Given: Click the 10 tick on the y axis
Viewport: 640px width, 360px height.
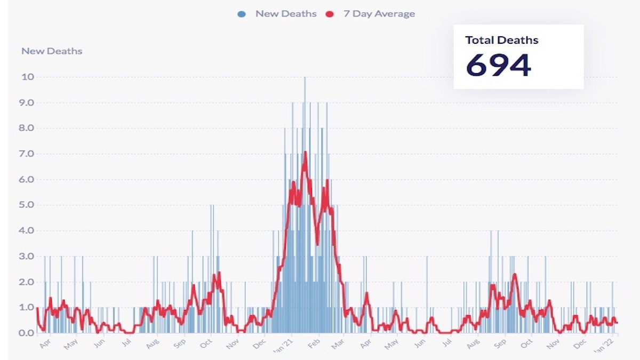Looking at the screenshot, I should point(27,77).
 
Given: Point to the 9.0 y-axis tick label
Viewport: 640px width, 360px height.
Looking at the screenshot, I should point(27,102).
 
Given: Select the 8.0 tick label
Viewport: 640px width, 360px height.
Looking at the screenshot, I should point(27,128).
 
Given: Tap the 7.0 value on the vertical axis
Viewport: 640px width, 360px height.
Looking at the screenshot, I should point(27,154).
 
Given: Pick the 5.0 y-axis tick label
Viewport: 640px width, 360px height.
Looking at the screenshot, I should point(27,205).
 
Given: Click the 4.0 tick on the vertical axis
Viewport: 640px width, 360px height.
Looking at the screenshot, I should point(27,230).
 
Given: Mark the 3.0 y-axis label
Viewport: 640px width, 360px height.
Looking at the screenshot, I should point(27,256).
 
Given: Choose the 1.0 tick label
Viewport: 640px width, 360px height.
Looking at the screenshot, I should point(27,307).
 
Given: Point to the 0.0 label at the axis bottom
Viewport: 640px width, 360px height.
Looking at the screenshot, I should point(27,333).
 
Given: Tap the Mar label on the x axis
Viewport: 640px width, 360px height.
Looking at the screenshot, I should point(338,344).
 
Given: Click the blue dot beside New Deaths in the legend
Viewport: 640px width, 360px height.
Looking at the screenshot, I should point(242,14).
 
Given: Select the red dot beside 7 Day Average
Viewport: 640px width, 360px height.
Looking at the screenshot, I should point(330,14).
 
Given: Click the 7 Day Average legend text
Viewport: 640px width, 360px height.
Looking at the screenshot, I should point(379,14).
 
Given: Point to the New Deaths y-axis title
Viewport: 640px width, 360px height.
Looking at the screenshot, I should point(52,51).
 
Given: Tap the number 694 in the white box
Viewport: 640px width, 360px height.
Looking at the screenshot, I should point(498,65).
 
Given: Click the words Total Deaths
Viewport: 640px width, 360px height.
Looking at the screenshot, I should point(501,40).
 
